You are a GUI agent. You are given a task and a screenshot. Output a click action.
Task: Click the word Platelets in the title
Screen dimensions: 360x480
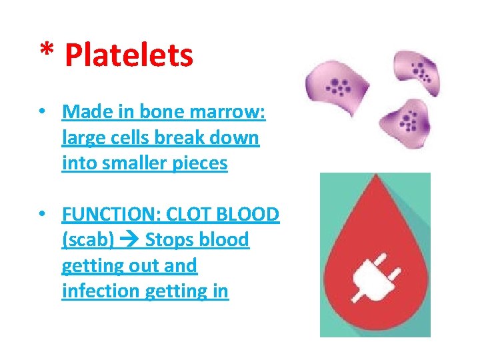coord(129,56)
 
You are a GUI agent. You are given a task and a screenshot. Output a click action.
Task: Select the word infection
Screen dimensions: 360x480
coord(99,291)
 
